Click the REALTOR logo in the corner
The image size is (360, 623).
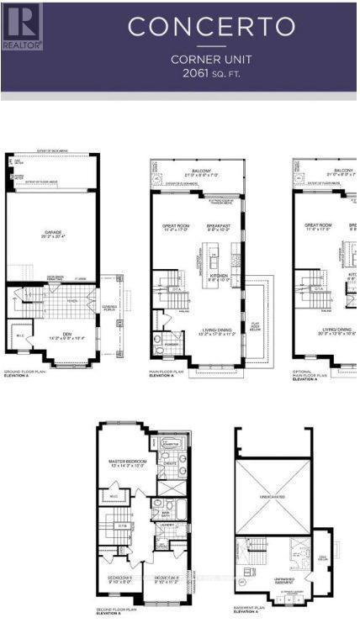(22, 26)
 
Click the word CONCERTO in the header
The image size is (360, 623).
(212, 27)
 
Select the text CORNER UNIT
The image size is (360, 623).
(212, 60)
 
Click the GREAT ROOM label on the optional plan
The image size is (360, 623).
(320, 225)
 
